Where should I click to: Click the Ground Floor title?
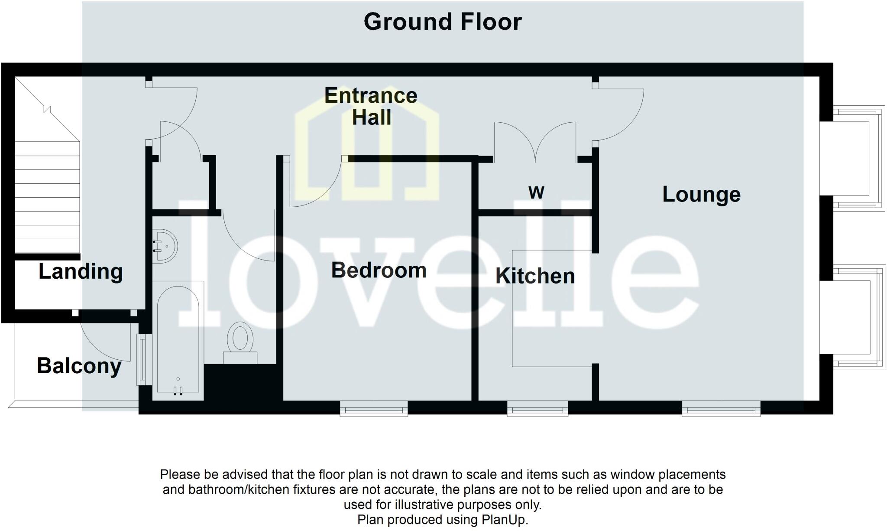tap(443, 22)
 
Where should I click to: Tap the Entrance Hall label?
tap(371, 106)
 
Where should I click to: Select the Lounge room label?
tap(701, 194)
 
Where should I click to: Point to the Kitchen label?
tap(535, 276)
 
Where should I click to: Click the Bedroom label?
tap(379, 270)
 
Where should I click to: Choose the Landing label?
tap(81, 272)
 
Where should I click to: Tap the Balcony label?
tap(79, 366)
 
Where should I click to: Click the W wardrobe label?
tap(536, 192)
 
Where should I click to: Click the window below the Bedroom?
tap(373, 408)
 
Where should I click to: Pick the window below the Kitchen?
tap(537, 408)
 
